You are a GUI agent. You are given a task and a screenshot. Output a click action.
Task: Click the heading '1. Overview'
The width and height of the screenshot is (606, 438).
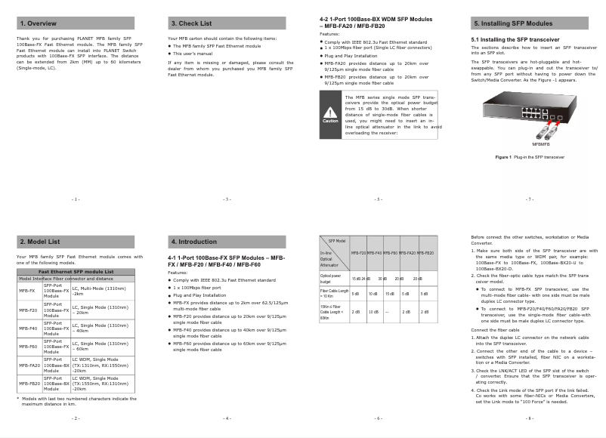(37, 23)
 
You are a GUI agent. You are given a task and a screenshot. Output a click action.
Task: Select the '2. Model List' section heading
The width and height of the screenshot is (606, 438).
(39, 242)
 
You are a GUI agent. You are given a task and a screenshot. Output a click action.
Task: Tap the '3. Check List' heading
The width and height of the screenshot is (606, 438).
(191, 23)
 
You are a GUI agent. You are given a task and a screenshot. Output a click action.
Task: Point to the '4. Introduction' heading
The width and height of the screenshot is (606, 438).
(194, 242)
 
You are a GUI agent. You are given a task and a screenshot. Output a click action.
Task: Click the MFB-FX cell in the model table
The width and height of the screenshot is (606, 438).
(27, 290)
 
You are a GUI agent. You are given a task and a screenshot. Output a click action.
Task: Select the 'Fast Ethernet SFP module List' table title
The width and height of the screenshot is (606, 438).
(76, 271)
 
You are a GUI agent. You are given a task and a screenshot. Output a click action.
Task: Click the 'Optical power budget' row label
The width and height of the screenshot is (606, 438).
(332, 279)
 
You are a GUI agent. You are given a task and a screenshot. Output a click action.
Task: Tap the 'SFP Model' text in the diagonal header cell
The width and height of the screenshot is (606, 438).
(337, 240)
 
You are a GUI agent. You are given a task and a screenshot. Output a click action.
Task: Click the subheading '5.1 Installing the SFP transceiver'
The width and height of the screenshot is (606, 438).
(515, 39)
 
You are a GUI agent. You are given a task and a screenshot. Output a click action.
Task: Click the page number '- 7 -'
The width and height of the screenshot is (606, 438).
(530, 199)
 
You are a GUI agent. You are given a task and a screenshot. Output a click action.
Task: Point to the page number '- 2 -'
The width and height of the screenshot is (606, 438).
(76, 418)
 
